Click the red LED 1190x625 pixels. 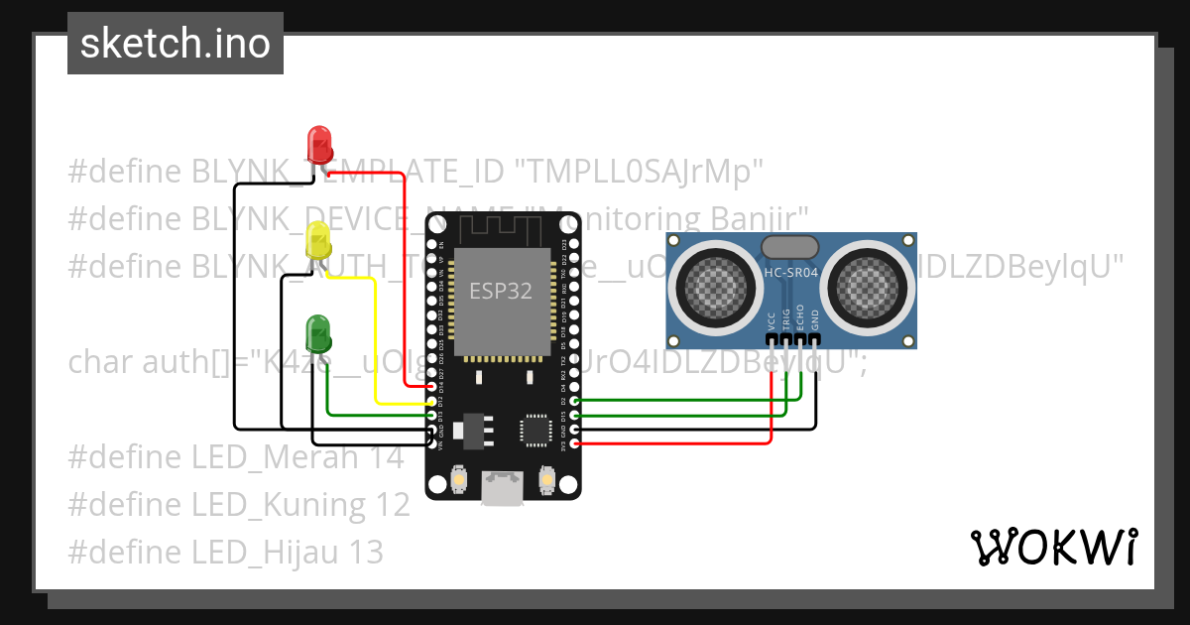tap(319, 145)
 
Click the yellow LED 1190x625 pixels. tap(318, 242)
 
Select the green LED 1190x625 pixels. tap(318, 333)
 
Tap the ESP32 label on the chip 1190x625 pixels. tap(501, 291)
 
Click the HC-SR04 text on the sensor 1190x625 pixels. tap(789, 272)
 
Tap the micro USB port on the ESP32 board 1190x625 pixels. tap(503, 487)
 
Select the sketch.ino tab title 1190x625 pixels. tap(175, 44)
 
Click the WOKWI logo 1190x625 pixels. tap(1053, 547)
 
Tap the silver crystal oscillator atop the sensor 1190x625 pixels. tap(789, 247)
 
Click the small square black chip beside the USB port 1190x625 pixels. tap(536, 431)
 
